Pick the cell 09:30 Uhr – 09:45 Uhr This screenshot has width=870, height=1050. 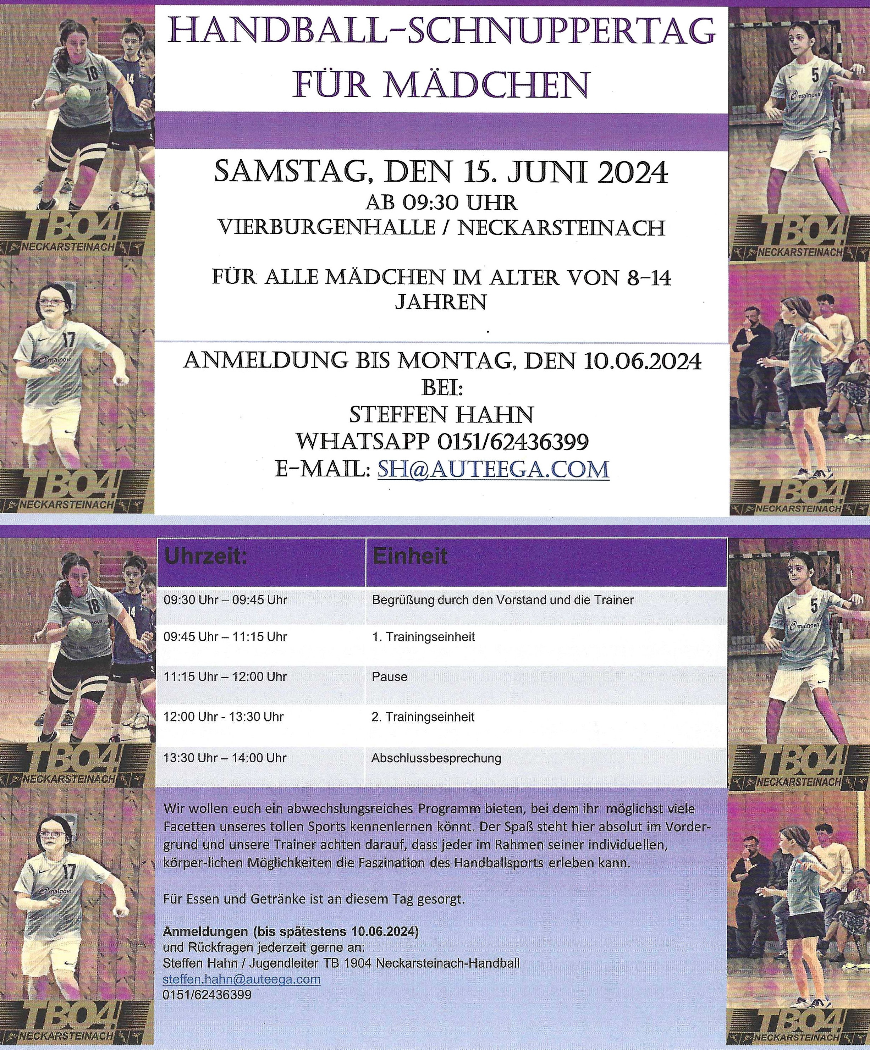[x=226, y=600]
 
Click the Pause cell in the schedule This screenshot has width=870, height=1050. [x=390, y=677]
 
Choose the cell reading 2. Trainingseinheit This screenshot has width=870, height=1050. [x=423, y=717]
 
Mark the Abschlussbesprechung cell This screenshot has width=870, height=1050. [x=436, y=758]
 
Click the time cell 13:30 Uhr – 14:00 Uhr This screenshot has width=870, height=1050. [x=225, y=758]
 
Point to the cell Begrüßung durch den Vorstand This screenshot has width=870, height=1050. [x=502, y=600]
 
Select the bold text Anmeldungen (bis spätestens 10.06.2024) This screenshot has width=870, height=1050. [x=291, y=932]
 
